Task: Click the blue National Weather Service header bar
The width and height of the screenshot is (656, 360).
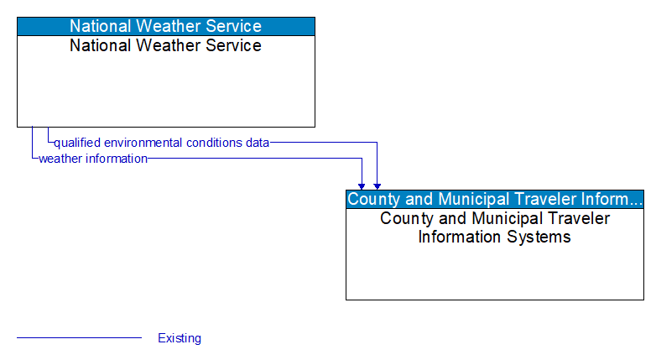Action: (165, 26)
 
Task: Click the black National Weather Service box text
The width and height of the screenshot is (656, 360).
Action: (165, 45)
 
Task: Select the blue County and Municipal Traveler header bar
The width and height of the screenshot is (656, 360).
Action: (494, 199)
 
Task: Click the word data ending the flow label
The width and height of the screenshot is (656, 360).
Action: (258, 143)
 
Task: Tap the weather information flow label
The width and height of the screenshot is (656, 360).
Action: (92, 158)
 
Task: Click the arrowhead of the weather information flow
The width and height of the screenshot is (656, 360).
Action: (362, 185)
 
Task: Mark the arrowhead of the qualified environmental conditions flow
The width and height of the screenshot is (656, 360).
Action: (377, 185)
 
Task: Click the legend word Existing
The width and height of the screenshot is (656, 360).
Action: (180, 338)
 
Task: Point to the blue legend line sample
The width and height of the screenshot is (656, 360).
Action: (79, 338)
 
